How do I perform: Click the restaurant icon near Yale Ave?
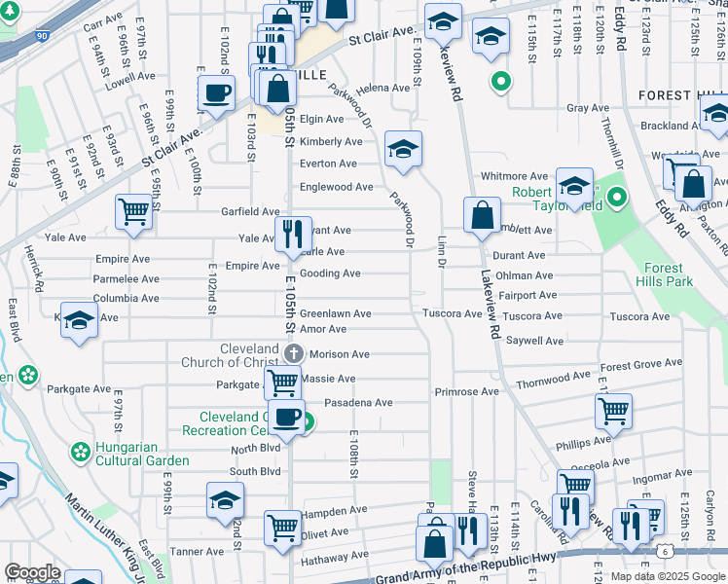292,234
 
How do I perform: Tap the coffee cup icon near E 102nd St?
216,93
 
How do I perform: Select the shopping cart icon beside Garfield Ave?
133,211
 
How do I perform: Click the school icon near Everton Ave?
403,149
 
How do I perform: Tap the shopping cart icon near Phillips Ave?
613,411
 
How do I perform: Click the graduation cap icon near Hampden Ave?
225,500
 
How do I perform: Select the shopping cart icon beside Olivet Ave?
283,529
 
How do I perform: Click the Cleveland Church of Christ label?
230,355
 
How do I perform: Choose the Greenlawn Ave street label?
335,314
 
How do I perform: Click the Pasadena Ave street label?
358,403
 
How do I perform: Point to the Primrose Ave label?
466,392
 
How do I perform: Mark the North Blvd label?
255,449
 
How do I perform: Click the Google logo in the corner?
32,572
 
